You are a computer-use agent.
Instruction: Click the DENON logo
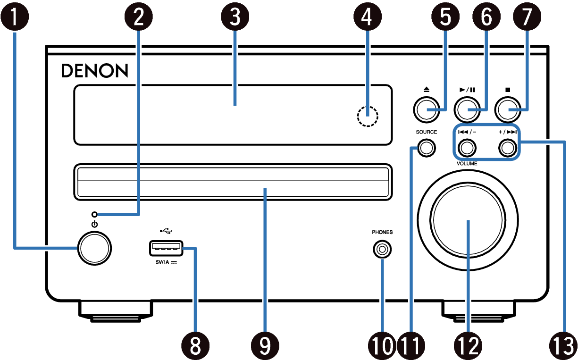95,71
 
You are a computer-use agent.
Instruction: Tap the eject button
426,109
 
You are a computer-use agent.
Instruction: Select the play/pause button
467,109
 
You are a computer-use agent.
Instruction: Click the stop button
508,109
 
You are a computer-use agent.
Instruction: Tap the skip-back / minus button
467,148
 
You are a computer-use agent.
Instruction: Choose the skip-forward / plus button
508,148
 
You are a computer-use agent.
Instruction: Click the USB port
166,248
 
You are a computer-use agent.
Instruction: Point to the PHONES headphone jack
382,249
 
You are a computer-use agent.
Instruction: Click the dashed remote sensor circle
368,116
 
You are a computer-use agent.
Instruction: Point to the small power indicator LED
95,214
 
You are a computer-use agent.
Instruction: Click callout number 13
563,346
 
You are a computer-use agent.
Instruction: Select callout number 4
368,17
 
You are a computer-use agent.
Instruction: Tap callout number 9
265,346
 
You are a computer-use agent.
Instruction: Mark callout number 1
15,17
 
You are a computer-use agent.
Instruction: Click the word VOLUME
467,164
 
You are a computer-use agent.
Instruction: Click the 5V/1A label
166,262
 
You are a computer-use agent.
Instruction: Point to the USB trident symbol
166,231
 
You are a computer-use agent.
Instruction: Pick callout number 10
382,346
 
